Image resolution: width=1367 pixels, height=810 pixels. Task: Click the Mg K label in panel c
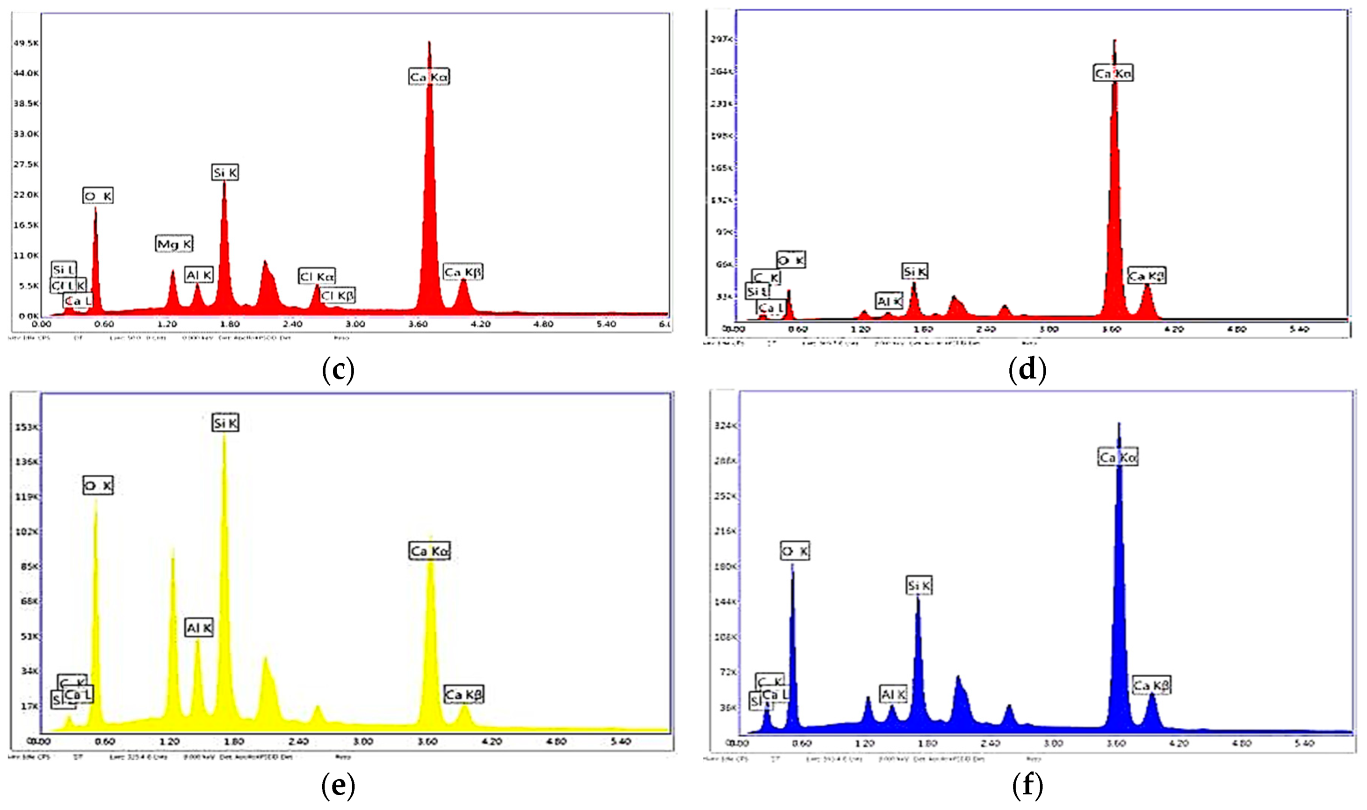pyautogui.click(x=175, y=244)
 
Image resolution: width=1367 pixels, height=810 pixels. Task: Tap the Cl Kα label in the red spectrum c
pyautogui.click(x=317, y=277)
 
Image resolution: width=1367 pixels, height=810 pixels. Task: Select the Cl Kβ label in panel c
pyautogui.click(x=338, y=295)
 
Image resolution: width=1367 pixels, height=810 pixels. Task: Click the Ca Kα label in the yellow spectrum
pyautogui.click(x=430, y=551)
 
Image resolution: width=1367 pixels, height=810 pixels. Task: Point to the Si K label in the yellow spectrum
pyautogui.click(x=225, y=423)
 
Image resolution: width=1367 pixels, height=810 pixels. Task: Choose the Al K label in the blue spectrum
pyautogui.click(x=894, y=694)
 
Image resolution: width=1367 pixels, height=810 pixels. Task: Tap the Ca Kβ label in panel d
pyautogui.click(x=1147, y=276)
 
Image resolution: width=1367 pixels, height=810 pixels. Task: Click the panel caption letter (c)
pyautogui.click(x=339, y=370)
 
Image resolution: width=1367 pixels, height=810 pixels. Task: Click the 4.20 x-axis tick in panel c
pyautogui.click(x=481, y=324)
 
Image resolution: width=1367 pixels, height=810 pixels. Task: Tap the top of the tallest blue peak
pyautogui.click(x=1119, y=423)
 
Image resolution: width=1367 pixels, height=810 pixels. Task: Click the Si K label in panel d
pyautogui.click(x=915, y=271)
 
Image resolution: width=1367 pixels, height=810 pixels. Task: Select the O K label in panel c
pyautogui.click(x=98, y=195)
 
